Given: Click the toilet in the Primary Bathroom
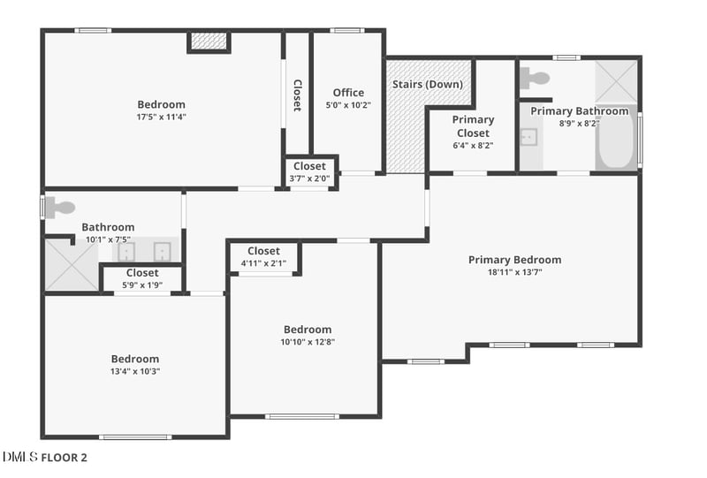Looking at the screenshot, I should click(536, 78).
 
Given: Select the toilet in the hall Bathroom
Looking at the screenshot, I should click(60, 208).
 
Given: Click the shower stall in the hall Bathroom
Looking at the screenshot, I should click(71, 265).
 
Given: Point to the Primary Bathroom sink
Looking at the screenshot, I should click(529, 137).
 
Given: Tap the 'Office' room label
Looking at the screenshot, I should click(348, 93).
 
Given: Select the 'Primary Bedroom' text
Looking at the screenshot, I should click(514, 260).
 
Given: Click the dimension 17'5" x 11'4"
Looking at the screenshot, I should click(161, 117).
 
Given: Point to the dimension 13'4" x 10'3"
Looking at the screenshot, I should click(135, 371).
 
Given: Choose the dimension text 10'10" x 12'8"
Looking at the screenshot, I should click(308, 342).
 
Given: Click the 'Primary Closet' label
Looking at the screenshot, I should click(473, 126).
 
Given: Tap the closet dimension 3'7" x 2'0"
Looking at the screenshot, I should click(309, 178).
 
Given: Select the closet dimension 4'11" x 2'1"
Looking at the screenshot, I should click(264, 263).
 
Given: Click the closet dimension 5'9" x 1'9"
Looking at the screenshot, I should click(142, 285).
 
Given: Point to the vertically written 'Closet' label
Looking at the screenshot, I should click(297, 95).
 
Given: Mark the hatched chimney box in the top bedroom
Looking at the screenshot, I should click(209, 41).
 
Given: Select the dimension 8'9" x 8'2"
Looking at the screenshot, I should click(579, 124).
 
